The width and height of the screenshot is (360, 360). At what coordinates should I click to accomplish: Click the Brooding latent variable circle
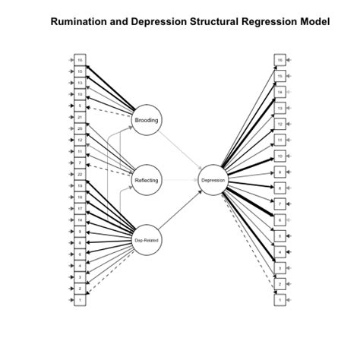tap(147, 120)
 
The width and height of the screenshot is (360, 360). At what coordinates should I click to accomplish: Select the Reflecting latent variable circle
tap(147, 180)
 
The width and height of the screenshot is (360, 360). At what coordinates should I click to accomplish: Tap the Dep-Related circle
tap(147, 240)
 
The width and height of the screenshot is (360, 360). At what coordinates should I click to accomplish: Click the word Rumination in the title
tap(79, 22)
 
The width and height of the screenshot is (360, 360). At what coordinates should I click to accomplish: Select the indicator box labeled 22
tap(80, 174)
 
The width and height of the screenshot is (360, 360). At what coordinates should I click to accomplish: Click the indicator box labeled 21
tap(80, 117)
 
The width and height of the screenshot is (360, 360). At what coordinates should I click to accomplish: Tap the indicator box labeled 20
tap(80, 128)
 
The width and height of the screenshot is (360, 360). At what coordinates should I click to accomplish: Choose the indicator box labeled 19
tap(80, 185)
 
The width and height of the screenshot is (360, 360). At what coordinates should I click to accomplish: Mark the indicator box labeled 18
tap(80, 197)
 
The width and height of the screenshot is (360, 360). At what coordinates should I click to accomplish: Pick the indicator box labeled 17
tap(80, 208)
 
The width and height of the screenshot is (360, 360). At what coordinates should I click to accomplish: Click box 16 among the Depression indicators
tap(280, 59)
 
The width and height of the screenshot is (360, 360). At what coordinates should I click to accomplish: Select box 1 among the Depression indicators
tap(280, 300)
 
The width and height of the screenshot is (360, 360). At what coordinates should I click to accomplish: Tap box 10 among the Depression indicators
tap(280, 156)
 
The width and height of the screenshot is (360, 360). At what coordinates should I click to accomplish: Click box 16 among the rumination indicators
tap(80, 59)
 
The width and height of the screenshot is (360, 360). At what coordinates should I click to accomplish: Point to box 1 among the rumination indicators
tap(80, 300)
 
